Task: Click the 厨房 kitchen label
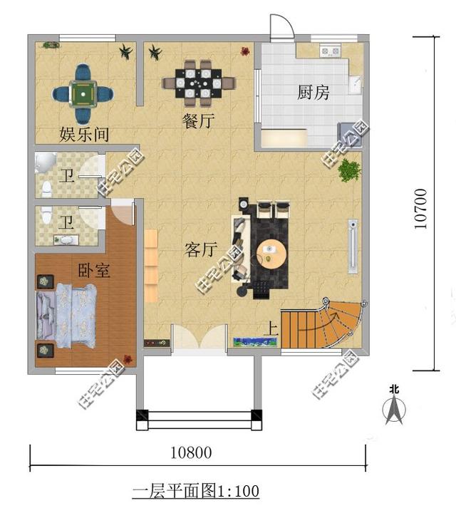[x=313, y=92]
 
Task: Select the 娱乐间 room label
[x=84, y=135]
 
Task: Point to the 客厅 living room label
[x=200, y=249]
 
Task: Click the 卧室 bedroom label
[x=93, y=270]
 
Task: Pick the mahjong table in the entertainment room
[x=83, y=93]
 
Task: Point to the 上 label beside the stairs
[x=271, y=329]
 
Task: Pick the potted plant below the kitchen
[x=348, y=170]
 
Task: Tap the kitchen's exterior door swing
[x=281, y=25]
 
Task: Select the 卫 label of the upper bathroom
[x=66, y=175]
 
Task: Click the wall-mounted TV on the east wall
[x=352, y=246]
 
